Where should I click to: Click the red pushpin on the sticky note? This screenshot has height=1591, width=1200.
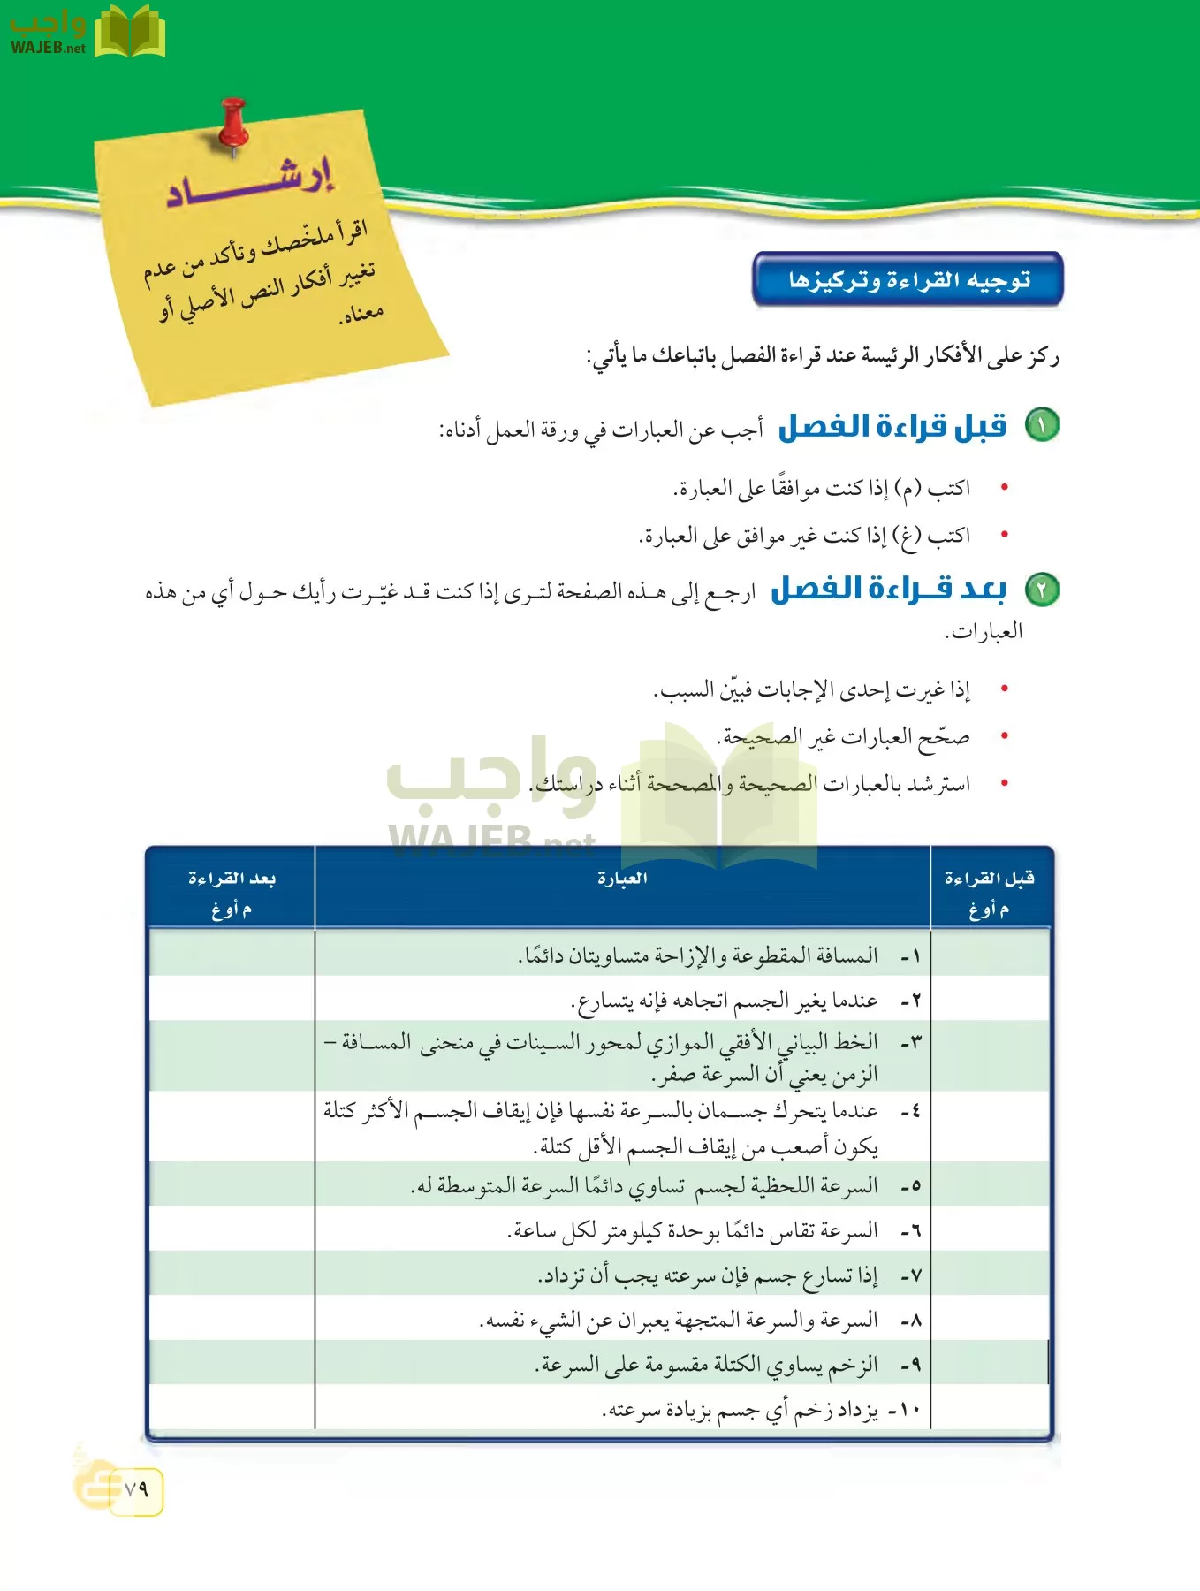233,124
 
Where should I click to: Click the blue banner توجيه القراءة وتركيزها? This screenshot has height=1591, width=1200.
908,280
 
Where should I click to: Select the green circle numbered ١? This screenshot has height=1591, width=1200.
1041,426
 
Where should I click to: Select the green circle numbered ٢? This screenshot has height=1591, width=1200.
1041,590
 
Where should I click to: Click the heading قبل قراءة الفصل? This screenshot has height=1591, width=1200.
892,427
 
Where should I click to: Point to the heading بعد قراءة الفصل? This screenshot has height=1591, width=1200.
888,590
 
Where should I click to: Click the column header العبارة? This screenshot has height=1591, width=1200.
622,879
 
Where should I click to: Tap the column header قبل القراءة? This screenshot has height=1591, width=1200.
989,879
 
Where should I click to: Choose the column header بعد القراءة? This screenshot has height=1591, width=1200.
232,879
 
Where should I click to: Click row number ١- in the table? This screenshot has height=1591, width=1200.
910,956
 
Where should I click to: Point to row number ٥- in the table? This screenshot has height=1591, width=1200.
910,1186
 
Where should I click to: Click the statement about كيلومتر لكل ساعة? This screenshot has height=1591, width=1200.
693,1230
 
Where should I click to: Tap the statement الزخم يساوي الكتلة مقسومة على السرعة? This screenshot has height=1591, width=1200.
707,1365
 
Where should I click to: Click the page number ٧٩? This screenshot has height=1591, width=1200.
136,1489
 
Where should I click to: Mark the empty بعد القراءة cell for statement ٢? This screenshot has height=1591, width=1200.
232,1000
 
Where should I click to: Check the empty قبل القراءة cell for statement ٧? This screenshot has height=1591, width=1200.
990,1275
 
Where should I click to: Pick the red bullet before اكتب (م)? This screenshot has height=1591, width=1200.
1004,487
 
